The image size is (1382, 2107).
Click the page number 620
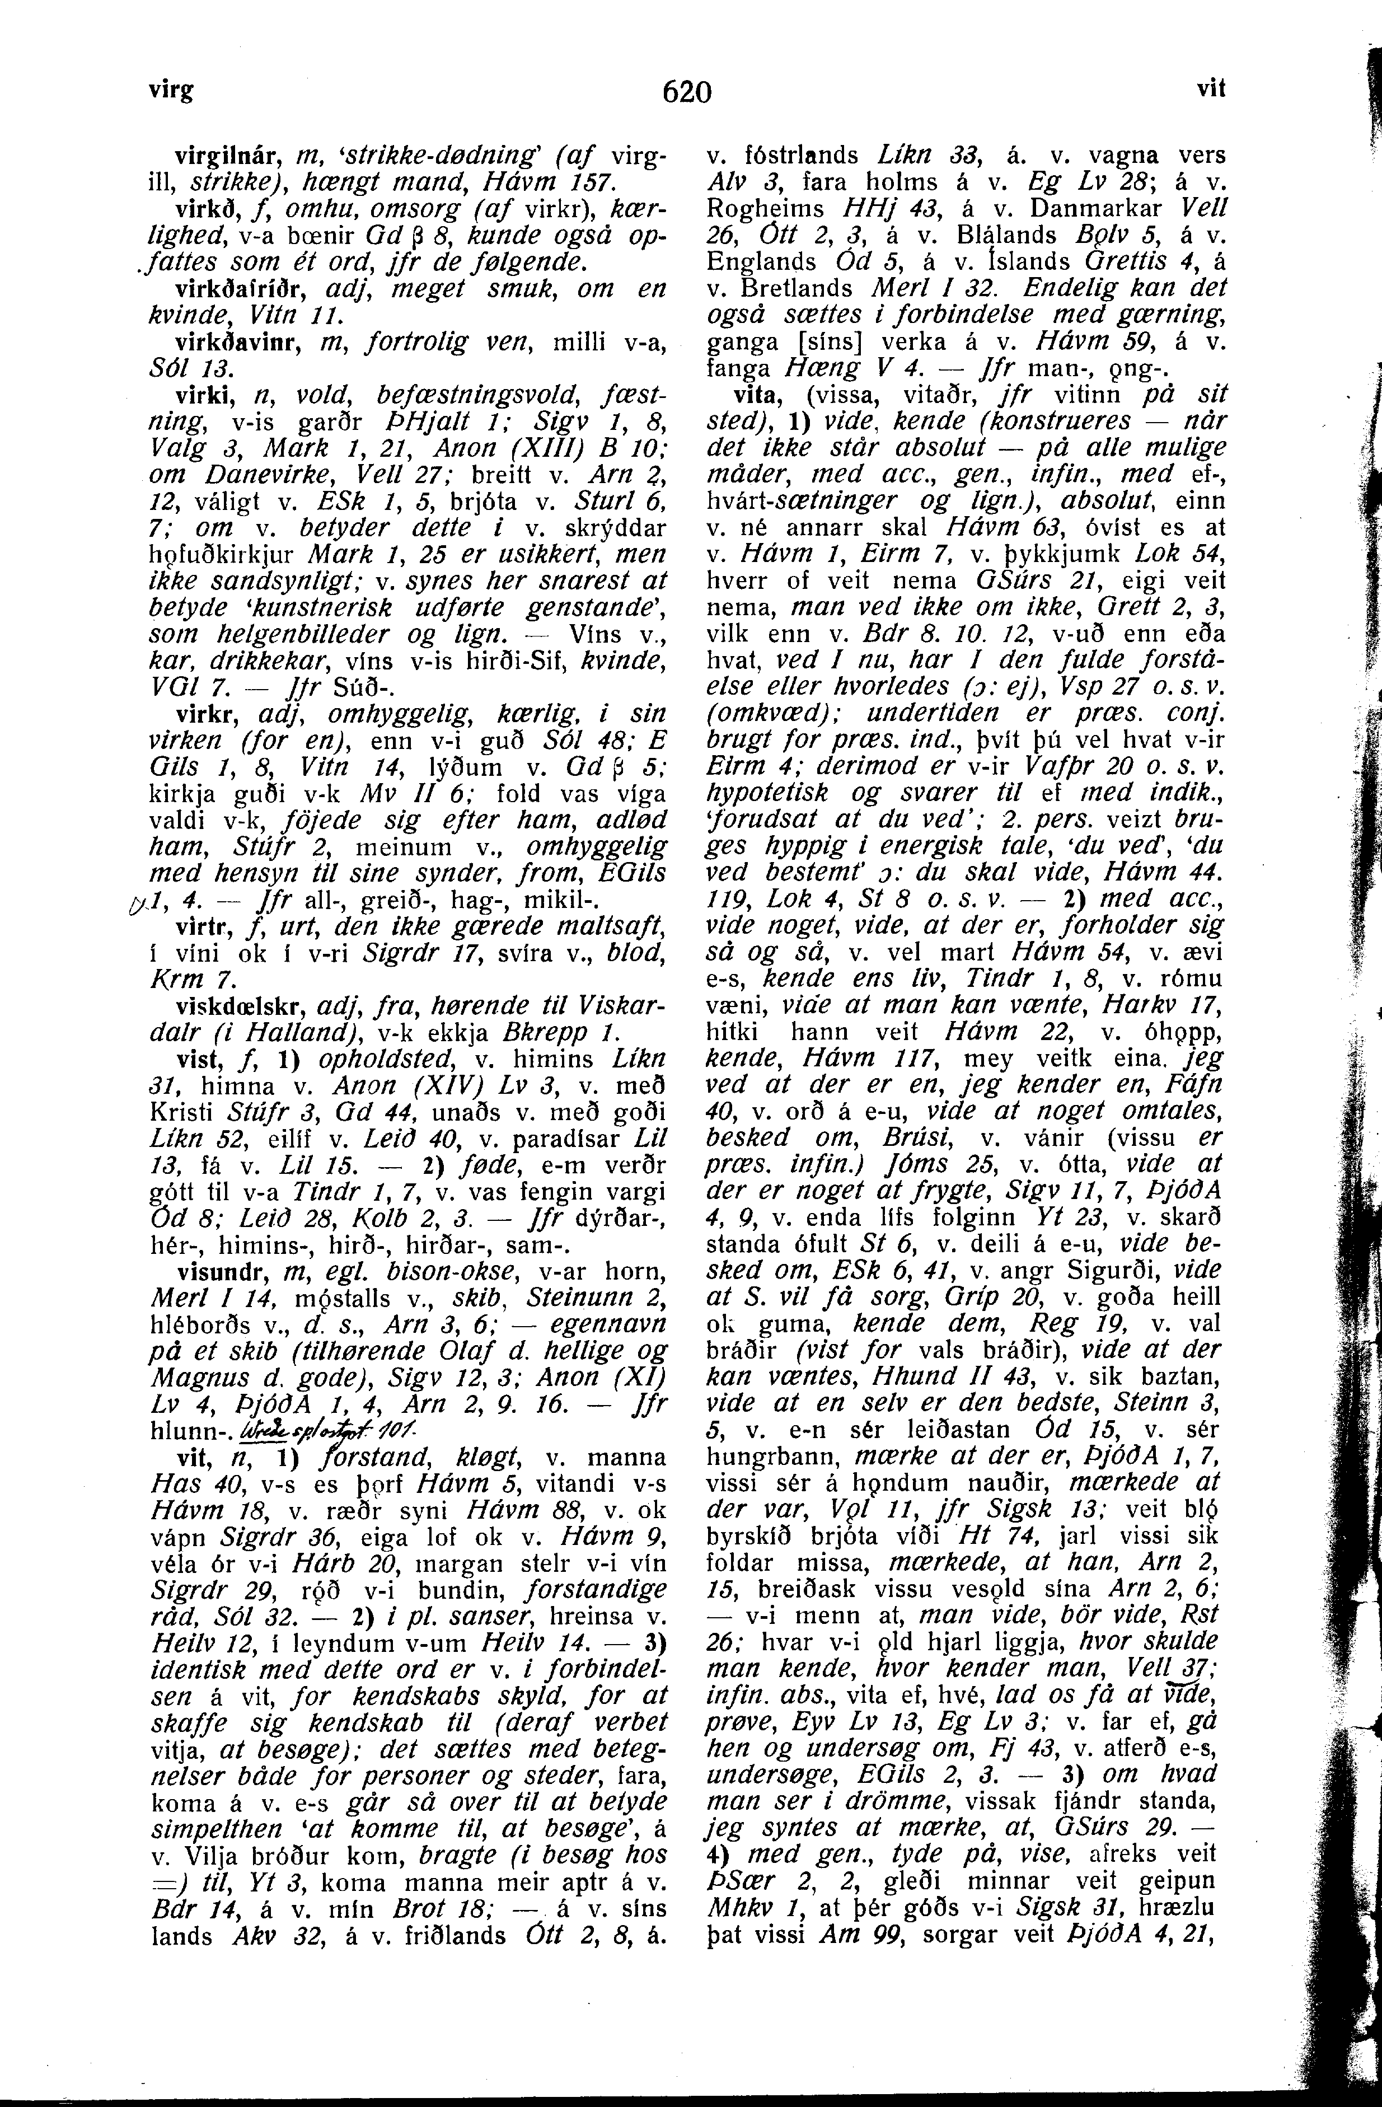point(687,91)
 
